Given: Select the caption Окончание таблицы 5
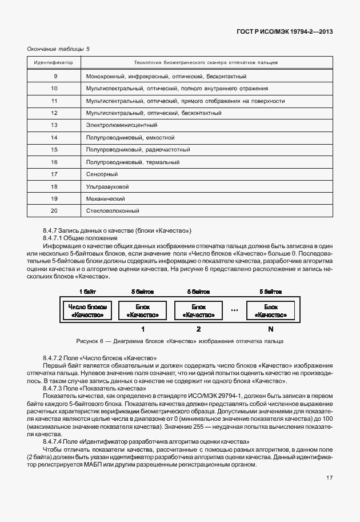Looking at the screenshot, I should [58, 49].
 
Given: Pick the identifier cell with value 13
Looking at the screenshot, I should [54, 125].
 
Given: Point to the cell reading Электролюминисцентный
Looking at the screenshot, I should [121, 125].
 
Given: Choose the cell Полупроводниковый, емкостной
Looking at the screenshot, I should [130, 138].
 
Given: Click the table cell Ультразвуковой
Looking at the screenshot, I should [107, 187].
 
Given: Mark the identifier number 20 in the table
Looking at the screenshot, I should [54, 211].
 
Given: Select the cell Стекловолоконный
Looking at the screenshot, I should [113, 211].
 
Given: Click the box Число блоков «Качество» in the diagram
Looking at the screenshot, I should [87, 310].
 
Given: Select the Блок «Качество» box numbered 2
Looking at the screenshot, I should [198, 310].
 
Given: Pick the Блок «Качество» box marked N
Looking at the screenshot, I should [271, 310].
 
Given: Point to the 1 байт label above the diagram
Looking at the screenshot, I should [87, 292].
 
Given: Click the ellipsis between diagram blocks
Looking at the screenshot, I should [234, 310].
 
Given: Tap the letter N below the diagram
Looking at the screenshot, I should [271, 329].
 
